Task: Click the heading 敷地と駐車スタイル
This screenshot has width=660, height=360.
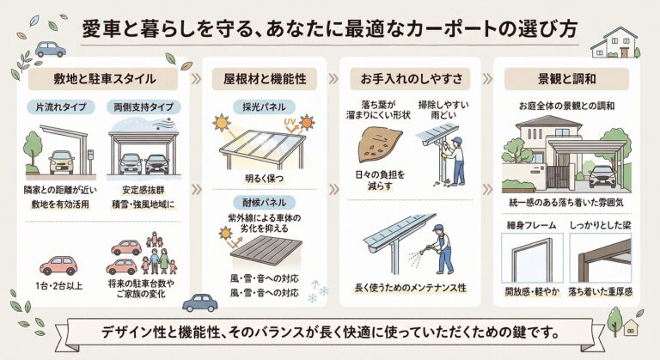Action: tap(103, 79)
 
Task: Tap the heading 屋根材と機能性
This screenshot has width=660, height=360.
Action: tap(265, 79)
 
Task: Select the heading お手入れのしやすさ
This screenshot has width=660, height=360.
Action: tap(411, 79)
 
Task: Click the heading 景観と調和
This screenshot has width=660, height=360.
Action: tap(566, 79)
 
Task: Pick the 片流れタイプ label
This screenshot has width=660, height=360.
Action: tap(61, 107)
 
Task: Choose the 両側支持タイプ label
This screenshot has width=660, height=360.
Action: tap(144, 107)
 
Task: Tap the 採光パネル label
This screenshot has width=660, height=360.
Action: tap(264, 107)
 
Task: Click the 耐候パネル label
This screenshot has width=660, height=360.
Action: tap(264, 203)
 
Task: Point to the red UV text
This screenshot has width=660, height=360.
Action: tap(290, 122)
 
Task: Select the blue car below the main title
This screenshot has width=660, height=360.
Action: tap(51, 49)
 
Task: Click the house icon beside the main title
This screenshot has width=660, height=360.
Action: tap(615, 42)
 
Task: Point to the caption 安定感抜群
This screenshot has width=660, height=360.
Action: tap(144, 191)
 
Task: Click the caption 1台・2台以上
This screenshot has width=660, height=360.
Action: tap(59, 286)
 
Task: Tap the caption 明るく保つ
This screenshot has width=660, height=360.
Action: tap(265, 179)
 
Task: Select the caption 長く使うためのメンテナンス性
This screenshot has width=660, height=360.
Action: tap(411, 288)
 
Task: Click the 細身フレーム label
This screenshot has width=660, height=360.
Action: tap(531, 225)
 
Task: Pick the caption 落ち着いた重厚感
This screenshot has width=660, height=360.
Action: tap(600, 291)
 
